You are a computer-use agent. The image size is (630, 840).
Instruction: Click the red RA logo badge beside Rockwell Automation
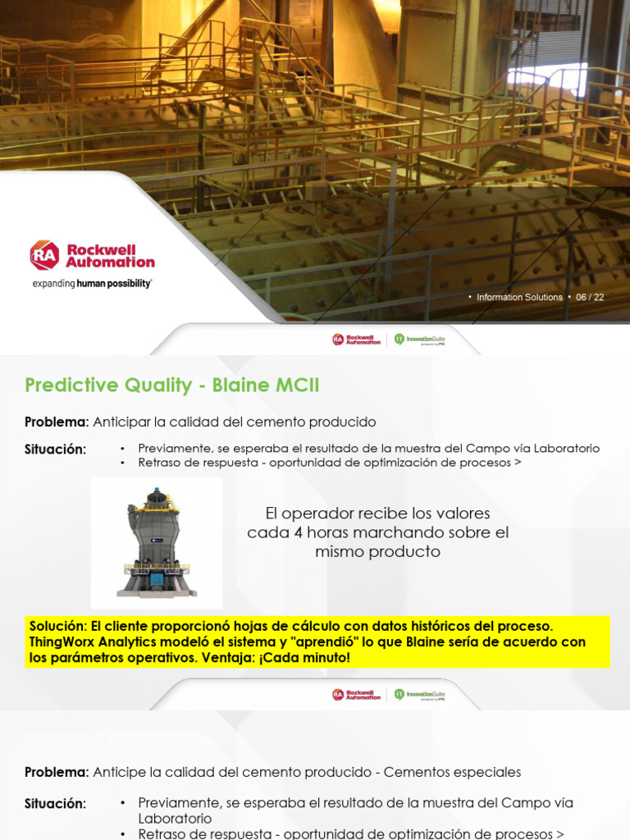point(44,255)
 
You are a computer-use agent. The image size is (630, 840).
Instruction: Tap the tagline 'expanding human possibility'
point(92,283)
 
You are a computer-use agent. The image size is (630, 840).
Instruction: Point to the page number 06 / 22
point(590,298)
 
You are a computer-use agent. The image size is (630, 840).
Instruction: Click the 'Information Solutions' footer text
point(520,298)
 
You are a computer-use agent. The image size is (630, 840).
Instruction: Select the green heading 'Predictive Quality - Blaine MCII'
point(172,385)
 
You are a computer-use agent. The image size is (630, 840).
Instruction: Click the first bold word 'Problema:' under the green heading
point(57,422)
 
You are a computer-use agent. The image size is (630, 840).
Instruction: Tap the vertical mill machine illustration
point(156,542)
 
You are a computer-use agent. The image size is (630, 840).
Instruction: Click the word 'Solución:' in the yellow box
point(58,626)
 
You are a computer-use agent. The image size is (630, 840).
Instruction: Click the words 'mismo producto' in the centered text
point(377,552)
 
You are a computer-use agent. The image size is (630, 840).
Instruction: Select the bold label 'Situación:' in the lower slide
point(55,804)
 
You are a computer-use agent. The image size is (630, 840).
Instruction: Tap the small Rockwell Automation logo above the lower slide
point(357,694)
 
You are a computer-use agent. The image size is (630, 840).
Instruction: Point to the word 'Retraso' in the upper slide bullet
point(161,463)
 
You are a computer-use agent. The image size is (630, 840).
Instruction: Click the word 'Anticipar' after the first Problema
point(127,422)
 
